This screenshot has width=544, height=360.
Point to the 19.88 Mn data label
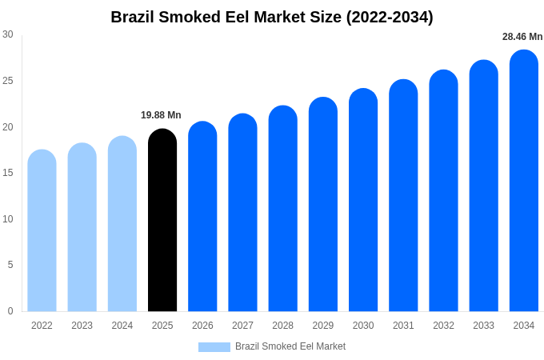pyautogui.click(x=161, y=115)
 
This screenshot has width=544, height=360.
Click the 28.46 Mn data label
pyautogui.click(x=522, y=37)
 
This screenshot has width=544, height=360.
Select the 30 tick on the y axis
pyautogui.click(x=8, y=34)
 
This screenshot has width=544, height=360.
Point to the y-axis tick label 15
pyautogui.click(x=8, y=173)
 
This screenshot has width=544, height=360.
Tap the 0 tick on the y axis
pyautogui.click(x=10, y=311)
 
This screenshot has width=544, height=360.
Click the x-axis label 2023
pyautogui.click(x=82, y=326)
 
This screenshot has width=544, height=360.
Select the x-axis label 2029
pyautogui.click(x=323, y=326)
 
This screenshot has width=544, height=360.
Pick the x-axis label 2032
pyautogui.click(x=443, y=326)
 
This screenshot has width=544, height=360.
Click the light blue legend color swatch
pyautogui.click(x=214, y=346)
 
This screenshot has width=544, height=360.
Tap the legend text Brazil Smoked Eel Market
pyautogui.click(x=290, y=346)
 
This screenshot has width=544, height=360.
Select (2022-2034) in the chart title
pyautogui.click(x=389, y=17)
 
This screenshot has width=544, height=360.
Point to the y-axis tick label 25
pyautogui.click(x=8, y=81)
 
